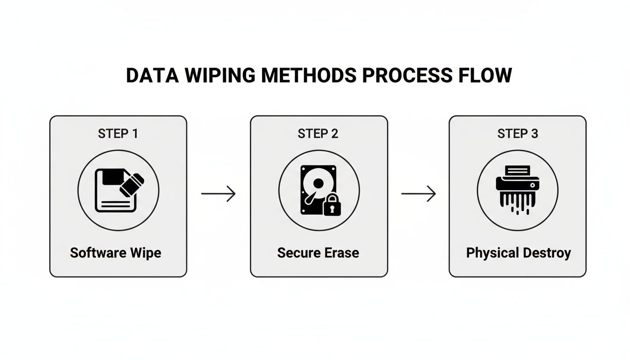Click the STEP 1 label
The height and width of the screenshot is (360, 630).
tap(118, 134)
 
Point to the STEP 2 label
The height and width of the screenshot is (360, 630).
tap(318, 134)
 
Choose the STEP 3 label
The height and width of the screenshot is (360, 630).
tap(517, 134)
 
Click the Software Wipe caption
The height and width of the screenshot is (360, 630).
tap(115, 253)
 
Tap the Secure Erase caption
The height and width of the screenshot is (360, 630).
tap(318, 253)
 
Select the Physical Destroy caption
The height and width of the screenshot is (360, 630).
tap(518, 253)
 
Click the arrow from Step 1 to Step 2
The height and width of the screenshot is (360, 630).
tap(218, 193)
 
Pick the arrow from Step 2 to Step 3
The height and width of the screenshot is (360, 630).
tap(419, 193)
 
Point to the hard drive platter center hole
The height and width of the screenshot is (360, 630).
tap(317, 183)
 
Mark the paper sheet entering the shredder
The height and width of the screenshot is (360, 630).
tap(517, 171)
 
